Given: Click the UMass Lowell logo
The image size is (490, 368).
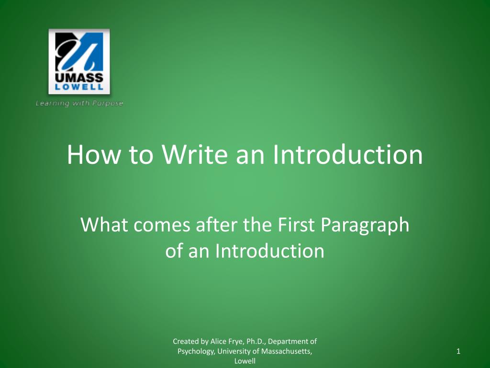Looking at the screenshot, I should tap(79, 61).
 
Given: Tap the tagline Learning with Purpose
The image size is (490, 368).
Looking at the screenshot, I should tap(79, 103).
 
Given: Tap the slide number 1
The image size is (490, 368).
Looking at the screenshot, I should tap(458, 352).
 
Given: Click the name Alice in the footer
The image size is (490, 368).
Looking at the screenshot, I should tap(218, 342).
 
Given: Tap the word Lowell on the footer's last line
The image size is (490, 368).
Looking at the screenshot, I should tap(245, 361).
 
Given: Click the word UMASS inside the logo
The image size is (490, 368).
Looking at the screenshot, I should tap(79, 78).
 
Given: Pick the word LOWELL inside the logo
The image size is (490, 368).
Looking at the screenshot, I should tap(79, 87).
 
